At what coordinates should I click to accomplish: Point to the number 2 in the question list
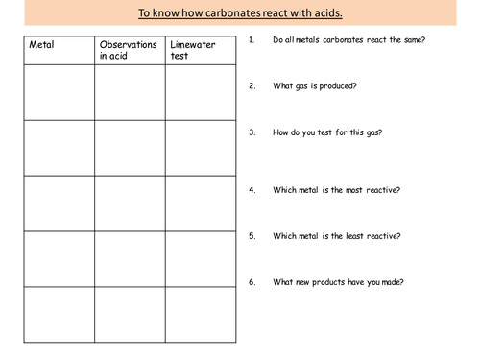click(252, 86)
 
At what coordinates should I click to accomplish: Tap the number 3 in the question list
click(252, 132)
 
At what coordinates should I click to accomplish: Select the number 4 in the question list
click(252, 190)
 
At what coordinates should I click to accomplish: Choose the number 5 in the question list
click(252, 236)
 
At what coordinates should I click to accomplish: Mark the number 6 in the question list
click(252, 282)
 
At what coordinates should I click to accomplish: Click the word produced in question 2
click(339, 86)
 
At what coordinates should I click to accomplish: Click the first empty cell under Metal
click(59, 92)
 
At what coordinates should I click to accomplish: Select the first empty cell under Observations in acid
click(129, 92)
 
